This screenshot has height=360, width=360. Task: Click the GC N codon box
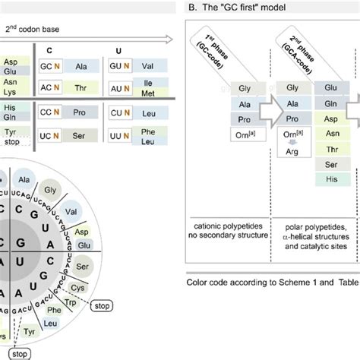[50, 66]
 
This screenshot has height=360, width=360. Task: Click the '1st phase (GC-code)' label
[216, 54]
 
